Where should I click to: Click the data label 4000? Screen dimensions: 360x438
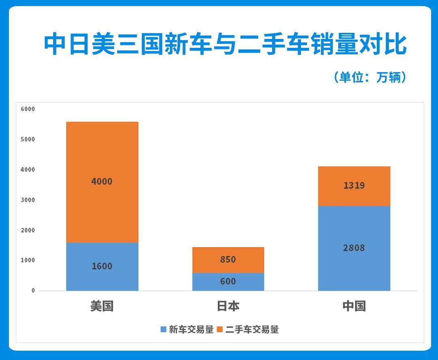102,181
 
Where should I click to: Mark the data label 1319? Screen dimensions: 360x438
354,186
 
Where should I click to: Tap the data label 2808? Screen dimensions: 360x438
354,248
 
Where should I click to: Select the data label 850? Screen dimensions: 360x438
228,259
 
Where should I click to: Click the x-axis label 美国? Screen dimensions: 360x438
102,306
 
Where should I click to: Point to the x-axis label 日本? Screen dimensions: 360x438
228,306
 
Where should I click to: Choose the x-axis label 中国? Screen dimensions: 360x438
354,306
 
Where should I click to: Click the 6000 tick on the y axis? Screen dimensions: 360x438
28,109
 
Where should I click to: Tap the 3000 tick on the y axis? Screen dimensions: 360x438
28,200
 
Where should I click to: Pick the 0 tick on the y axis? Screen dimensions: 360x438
33,291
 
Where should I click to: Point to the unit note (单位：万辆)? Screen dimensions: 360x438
370,77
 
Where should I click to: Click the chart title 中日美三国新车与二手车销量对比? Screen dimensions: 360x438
225,45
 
